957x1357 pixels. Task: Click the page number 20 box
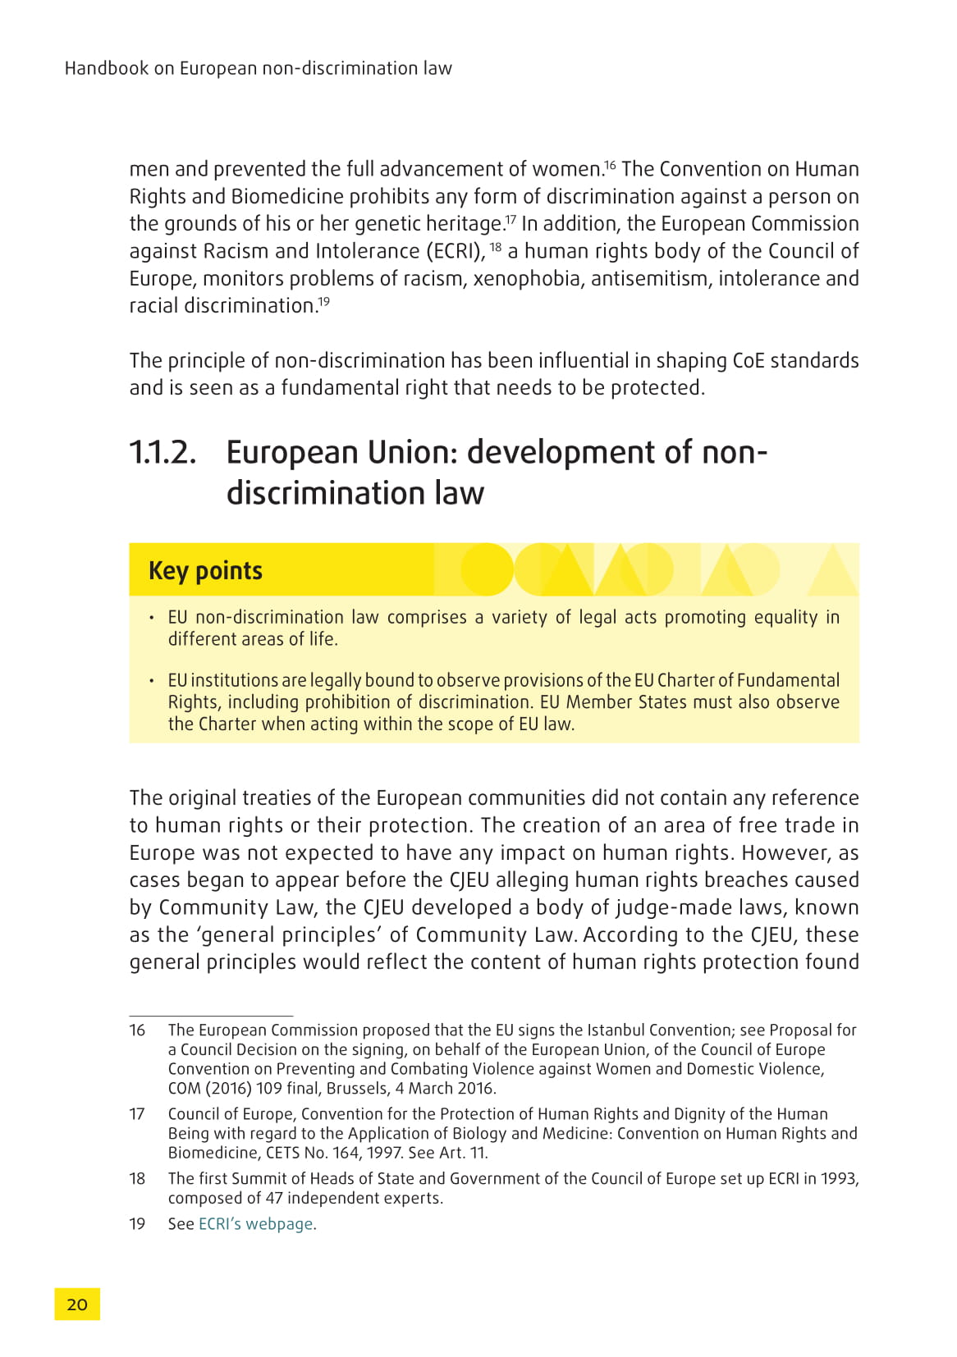[x=77, y=1304]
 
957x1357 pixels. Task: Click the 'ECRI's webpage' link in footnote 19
[x=255, y=1223]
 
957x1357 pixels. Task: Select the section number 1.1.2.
[x=163, y=453]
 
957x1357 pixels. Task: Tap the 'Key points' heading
[x=205, y=570]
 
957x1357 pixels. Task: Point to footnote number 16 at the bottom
[x=137, y=1030]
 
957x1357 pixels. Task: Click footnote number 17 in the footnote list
[x=137, y=1113]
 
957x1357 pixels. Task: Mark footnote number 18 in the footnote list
[x=137, y=1178]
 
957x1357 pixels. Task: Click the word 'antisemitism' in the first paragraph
[x=652, y=279]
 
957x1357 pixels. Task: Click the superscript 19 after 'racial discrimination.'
[x=324, y=301]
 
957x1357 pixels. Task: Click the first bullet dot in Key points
[x=152, y=618]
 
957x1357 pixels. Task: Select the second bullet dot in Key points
[x=152, y=681]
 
